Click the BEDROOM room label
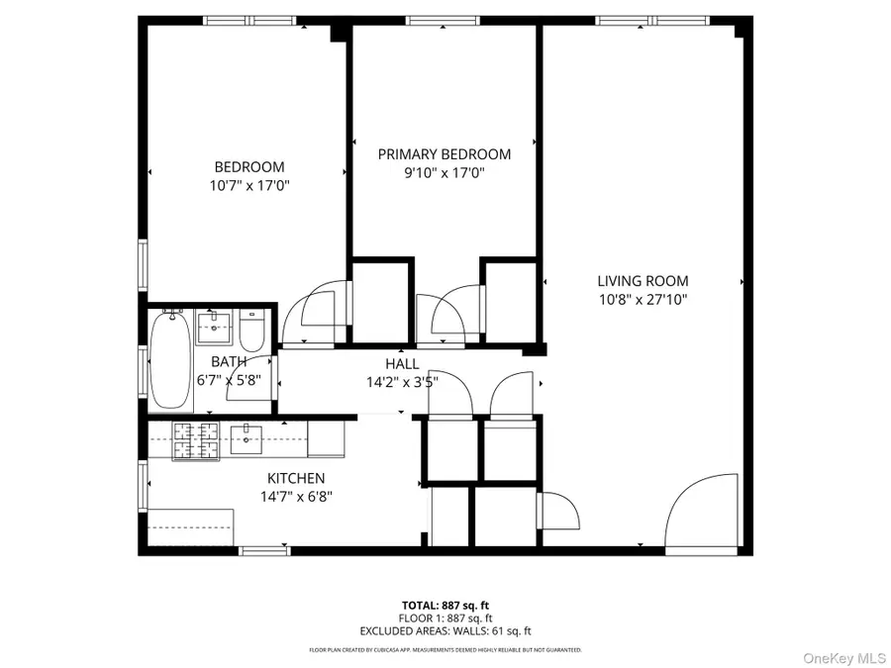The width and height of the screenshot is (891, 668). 249,167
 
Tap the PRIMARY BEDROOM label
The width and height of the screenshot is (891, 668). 445,154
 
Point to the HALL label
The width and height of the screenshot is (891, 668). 401,363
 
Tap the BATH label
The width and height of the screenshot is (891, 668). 229,362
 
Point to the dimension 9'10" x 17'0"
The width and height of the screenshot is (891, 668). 445,172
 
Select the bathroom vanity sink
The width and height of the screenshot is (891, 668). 213,325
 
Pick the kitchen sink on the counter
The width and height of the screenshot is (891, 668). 247,439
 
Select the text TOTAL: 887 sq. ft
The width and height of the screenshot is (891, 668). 445,605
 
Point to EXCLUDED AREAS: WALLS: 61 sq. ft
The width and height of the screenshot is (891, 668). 445,630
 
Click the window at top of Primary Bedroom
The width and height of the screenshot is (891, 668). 444,20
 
